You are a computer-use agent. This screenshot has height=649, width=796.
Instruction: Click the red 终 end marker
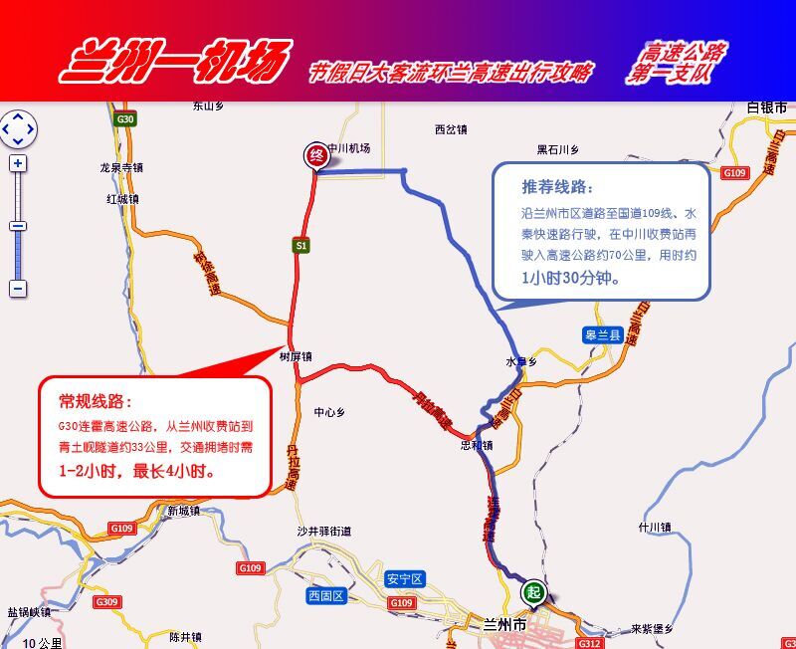(315, 154)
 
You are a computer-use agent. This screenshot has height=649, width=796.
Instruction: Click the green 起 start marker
(534, 593)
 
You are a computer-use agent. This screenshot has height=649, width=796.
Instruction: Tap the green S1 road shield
(300, 244)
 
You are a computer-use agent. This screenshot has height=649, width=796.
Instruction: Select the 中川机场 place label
(349, 148)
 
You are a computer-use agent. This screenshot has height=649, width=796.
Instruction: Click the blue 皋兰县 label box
(602, 336)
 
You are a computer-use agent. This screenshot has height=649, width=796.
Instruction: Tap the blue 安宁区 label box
(405, 578)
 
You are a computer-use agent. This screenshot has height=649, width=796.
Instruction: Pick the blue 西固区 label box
(325, 596)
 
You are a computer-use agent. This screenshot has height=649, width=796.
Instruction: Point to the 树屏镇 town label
(296, 355)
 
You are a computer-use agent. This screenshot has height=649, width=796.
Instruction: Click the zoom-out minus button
(18, 289)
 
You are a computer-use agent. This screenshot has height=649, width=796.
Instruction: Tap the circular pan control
(18, 128)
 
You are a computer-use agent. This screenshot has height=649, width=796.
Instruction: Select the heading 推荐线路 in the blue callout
(556, 187)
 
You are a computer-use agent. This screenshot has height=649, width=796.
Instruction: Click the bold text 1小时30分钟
(572, 280)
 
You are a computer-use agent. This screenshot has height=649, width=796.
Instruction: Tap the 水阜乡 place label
(521, 362)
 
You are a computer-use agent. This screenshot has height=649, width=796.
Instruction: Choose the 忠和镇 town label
(477, 445)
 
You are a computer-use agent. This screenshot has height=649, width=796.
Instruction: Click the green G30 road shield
(125, 119)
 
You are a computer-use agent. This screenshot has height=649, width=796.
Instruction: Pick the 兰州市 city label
(503, 624)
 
